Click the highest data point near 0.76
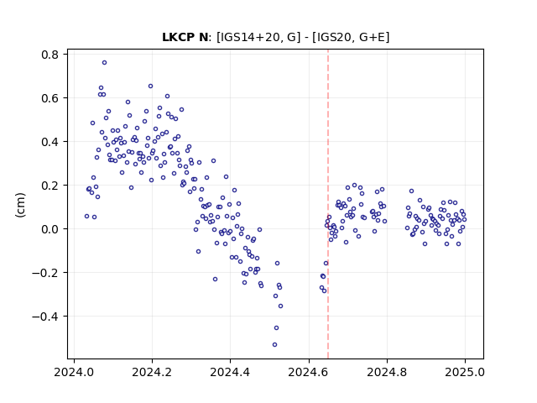104,62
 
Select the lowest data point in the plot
274,344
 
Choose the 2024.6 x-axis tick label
309,372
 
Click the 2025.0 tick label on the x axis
465,372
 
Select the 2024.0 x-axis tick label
74,372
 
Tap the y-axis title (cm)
20,205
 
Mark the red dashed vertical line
328,204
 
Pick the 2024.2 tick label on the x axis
152,372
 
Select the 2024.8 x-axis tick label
387,372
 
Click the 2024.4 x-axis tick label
230,372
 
